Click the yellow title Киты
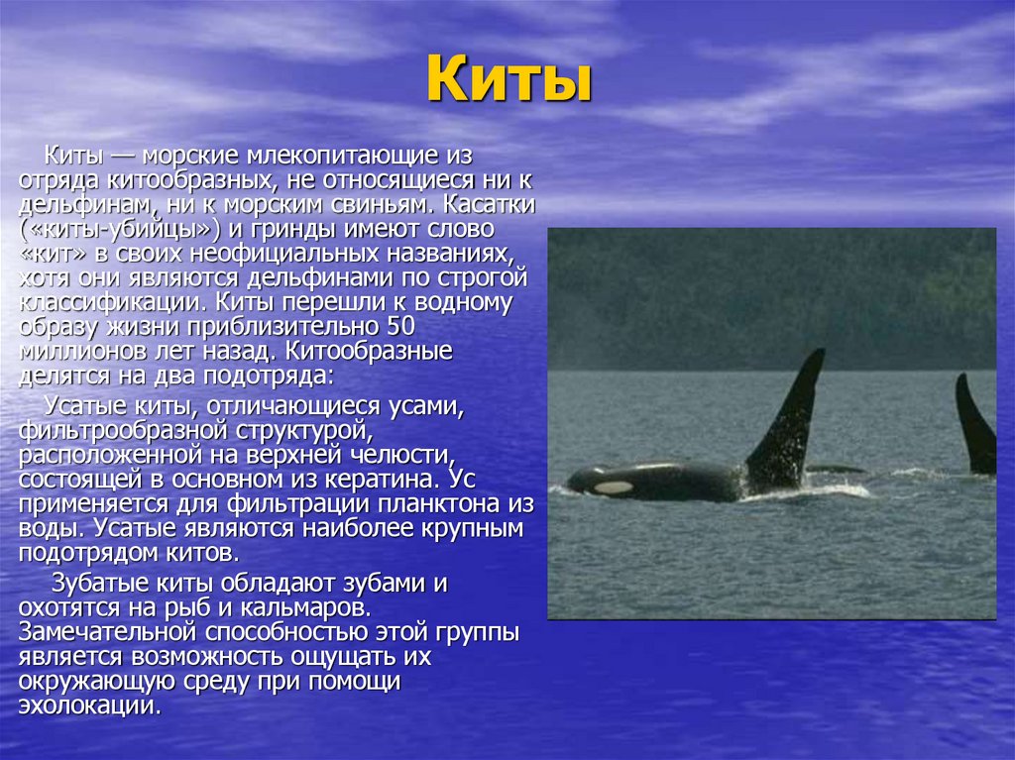coord(508,79)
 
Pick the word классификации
coord(112,302)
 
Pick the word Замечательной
coord(99,632)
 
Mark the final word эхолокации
coord(88,706)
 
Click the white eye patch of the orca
coord(614,488)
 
